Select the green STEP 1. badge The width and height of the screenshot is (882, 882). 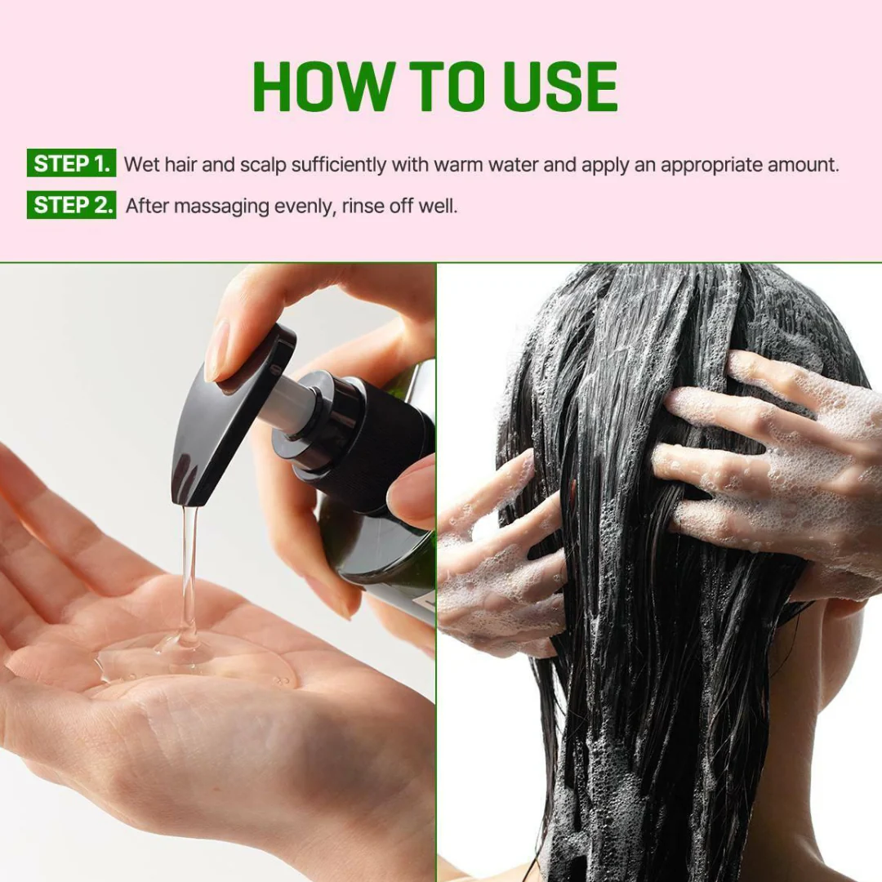(71, 163)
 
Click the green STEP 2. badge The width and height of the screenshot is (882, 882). (71, 205)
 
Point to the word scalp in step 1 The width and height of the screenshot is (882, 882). (263, 164)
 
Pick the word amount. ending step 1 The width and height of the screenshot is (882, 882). (803, 164)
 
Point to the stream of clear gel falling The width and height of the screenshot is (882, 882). (189, 572)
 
